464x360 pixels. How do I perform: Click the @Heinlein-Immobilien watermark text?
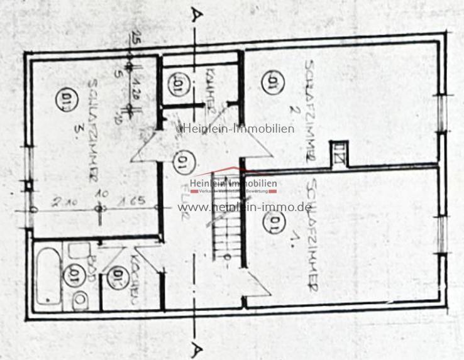[235, 129]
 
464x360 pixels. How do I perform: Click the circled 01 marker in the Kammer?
[177, 84]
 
